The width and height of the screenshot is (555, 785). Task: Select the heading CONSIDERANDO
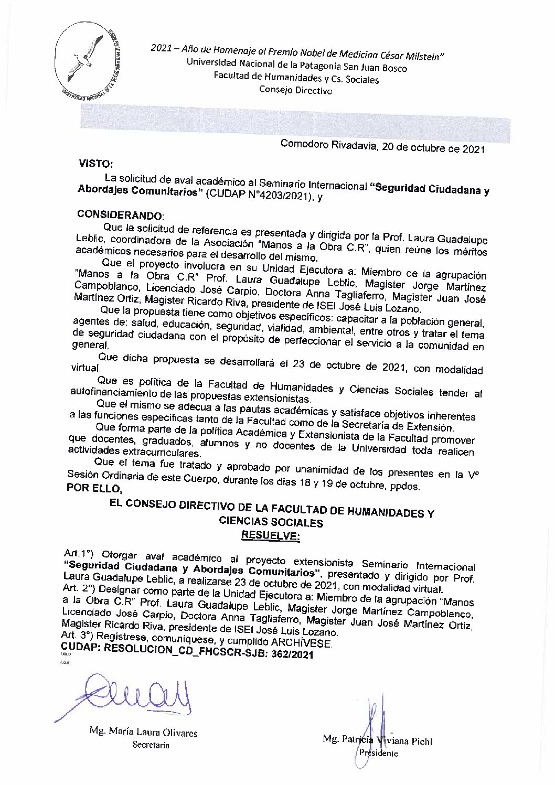[120, 215]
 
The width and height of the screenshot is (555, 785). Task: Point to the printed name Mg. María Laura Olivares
[136, 733]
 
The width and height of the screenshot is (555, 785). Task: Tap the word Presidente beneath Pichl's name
[377, 753]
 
